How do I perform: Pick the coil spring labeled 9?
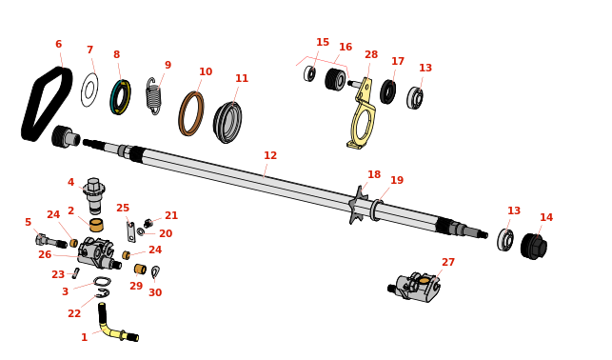point(153,96)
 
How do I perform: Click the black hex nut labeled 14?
point(534,246)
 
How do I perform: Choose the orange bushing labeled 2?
point(96,226)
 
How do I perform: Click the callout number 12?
point(270,155)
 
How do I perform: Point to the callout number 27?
point(448,262)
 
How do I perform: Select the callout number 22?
point(74,313)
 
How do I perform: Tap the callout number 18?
point(374,174)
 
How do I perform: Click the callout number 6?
point(59,44)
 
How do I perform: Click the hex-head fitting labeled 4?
point(94,195)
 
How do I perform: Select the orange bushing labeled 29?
point(140,269)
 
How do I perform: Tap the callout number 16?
point(345,47)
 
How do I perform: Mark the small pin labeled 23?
point(76,273)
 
